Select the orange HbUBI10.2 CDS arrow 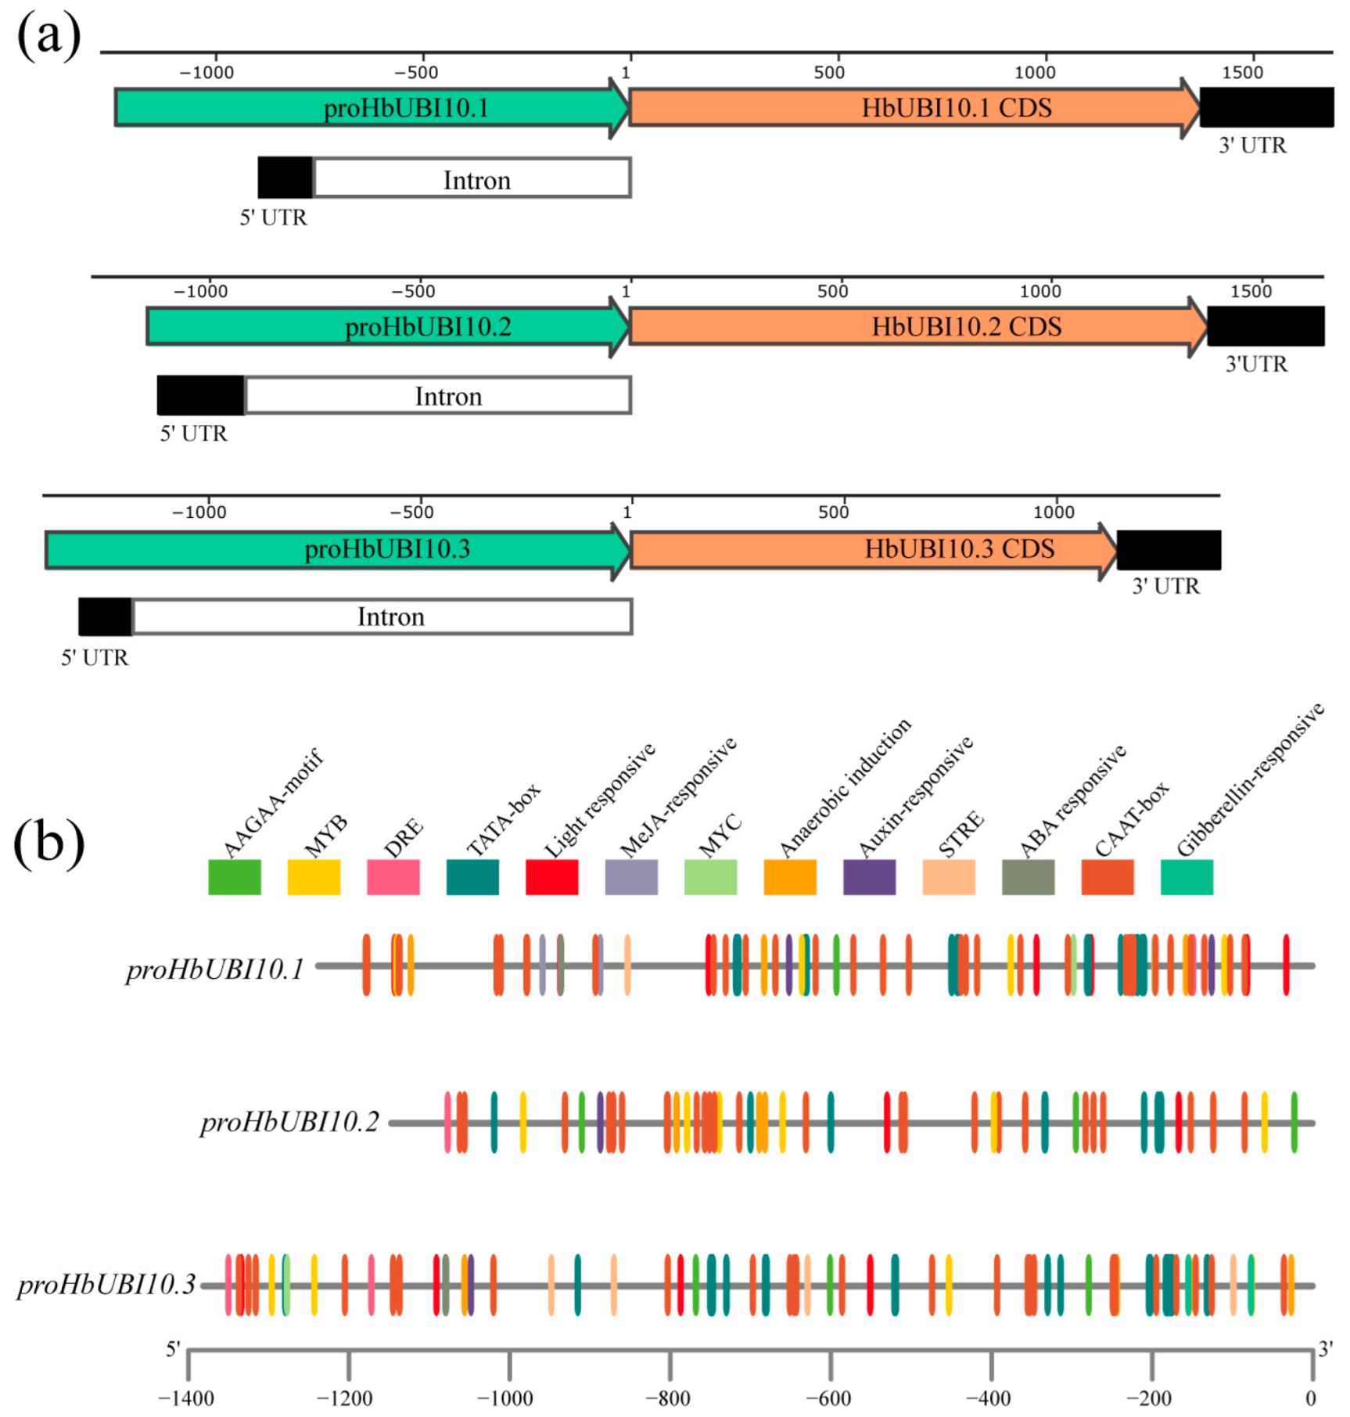point(915,326)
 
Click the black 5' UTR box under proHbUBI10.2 point(200,395)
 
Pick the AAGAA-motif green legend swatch point(234,876)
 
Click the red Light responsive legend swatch point(551,876)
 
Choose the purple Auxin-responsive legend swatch point(869,876)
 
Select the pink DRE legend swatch point(393,876)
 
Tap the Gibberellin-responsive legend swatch point(1187,876)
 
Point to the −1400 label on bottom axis point(186,1397)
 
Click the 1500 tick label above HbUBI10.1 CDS point(1242,73)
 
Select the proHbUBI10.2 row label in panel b point(289,1122)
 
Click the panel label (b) point(48,843)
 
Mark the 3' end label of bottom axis point(1326,1349)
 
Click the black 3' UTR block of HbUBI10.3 point(1169,550)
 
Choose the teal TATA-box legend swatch point(472,876)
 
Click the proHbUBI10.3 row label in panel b point(106,1285)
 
